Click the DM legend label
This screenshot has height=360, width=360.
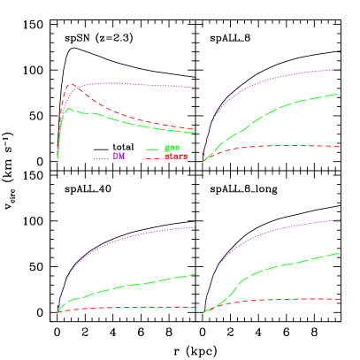coord(119,157)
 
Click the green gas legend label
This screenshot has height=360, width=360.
coord(172,148)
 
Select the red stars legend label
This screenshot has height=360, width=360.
coord(176,157)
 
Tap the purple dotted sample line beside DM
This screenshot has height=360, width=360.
coord(100,157)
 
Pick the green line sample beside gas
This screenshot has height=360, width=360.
coord(152,149)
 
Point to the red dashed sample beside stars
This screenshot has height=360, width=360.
coord(153,157)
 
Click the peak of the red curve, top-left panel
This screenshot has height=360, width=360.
coord(72,84)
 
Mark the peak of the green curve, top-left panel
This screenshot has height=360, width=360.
coord(69,108)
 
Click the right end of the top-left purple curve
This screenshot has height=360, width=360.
coord(194,88)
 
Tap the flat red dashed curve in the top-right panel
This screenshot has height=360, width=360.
coord(283,146)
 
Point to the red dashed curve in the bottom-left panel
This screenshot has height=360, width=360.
coord(133,307)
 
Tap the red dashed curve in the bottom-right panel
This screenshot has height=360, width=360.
coord(283,300)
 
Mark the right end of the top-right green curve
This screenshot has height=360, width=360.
coord(341,94)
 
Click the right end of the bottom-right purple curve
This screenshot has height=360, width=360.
coord(341,219)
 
